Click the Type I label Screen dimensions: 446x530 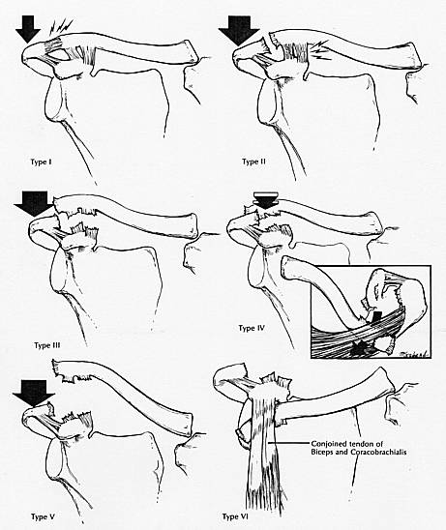(x=41, y=162)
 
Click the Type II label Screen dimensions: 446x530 (x=253, y=162)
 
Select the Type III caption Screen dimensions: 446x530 (x=47, y=345)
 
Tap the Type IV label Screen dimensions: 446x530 (x=252, y=328)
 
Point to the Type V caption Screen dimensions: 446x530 (x=43, y=516)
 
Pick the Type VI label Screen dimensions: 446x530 (x=235, y=516)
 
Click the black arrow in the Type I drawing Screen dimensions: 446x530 (x=28, y=29)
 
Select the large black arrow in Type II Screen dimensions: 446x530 (x=239, y=31)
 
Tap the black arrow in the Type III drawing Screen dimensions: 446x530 (x=34, y=203)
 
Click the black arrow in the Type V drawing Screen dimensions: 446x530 (x=33, y=393)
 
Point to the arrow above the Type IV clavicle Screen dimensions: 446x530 (x=266, y=200)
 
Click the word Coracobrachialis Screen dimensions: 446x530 (x=382, y=452)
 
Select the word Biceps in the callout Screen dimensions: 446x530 (x=322, y=452)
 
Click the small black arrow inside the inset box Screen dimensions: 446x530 (x=376, y=318)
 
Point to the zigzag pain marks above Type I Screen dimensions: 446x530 (x=61, y=27)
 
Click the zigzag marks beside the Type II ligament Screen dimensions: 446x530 (x=319, y=49)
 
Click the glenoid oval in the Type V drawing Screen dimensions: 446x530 (x=55, y=461)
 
